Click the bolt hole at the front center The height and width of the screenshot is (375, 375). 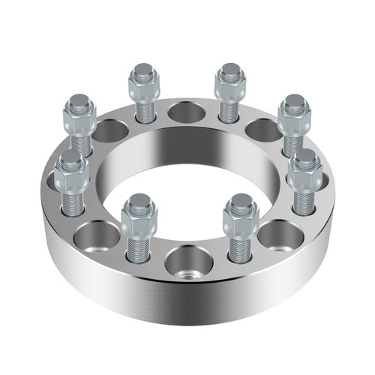[x=185, y=263]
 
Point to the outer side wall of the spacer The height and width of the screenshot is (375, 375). [x=187, y=307]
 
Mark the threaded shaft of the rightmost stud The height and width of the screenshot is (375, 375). [x=304, y=199]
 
